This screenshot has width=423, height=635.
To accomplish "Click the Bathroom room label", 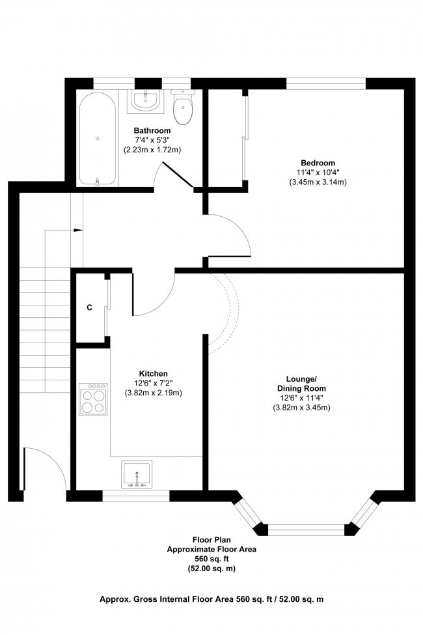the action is (x=152, y=130).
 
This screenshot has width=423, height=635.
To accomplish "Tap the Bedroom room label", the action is (x=318, y=163).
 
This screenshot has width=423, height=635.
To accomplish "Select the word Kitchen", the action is (x=153, y=374).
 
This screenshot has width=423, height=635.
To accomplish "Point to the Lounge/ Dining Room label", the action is (x=301, y=384).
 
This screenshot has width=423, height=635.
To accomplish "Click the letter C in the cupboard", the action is (x=89, y=308).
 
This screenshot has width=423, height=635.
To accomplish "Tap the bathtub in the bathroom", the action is (x=98, y=139).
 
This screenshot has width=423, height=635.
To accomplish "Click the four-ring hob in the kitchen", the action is (x=94, y=399).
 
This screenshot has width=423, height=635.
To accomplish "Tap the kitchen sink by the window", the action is (x=137, y=475).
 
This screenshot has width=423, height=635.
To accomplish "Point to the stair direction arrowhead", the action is (x=79, y=230).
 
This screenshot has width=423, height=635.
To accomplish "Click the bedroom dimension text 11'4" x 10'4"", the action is (x=318, y=173).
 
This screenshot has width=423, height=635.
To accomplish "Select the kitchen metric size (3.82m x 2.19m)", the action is (x=153, y=393).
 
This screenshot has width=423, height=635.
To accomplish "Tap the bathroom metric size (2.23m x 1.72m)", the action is (x=152, y=150).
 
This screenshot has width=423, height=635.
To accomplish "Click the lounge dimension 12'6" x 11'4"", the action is (x=301, y=399).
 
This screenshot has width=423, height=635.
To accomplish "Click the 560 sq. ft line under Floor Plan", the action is (x=211, y=559).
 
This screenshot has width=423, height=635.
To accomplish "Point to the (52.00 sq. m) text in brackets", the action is (x=211, y=569).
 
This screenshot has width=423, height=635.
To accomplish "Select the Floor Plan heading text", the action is (x=211, y=540).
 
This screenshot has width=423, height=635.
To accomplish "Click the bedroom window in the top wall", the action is (x=326, y=84).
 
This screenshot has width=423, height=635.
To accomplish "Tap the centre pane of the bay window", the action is (x=307, y=529).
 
